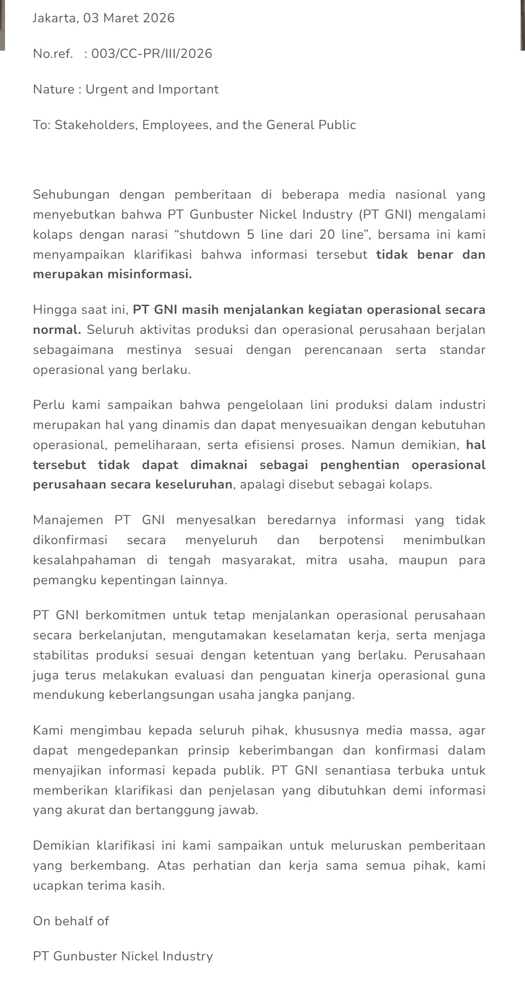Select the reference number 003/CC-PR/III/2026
[151, 54]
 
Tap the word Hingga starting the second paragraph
[51, 310]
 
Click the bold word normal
[57, 330]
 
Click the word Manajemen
[68, 520]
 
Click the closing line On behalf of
[71, 921]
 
